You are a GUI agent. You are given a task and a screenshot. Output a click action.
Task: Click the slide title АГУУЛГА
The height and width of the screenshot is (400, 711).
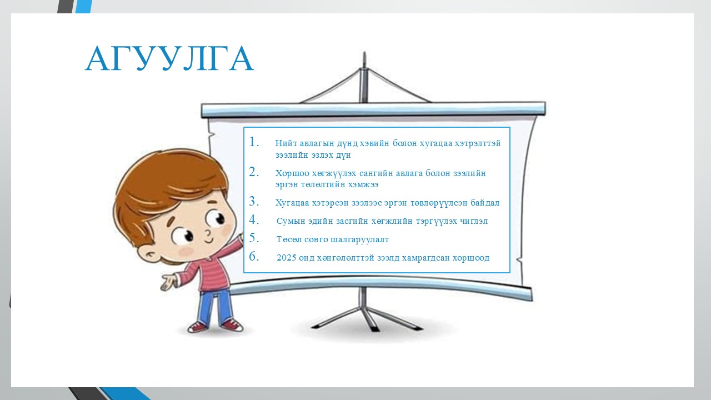(x=169, y=58)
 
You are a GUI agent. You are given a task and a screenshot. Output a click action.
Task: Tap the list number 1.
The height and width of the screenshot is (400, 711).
(x=254, y=142)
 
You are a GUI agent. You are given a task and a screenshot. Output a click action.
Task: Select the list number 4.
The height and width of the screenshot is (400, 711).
(x=254, y=219)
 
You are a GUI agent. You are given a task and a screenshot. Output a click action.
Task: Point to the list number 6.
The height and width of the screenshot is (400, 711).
(x=254, y=256)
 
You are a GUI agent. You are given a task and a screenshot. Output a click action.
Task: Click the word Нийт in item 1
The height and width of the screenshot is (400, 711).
(x=286, y=143)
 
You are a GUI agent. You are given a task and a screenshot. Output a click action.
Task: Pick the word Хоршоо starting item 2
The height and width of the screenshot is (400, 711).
(x=292, y=173)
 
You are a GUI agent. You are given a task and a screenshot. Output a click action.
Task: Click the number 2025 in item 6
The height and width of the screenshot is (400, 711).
(x=286, y=257)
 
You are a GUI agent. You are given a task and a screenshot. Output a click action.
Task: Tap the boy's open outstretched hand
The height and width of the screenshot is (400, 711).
(x=168, y=282)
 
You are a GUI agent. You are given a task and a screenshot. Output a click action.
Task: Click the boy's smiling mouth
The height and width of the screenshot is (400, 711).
(x=209, y=241)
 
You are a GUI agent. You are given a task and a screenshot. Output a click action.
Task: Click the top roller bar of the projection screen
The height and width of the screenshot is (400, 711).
(x=373, y=109)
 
